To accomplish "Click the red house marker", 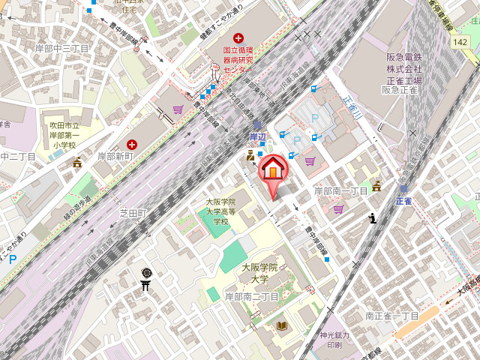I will click(x=273, y=168).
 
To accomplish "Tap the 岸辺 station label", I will click(x=258, y=136).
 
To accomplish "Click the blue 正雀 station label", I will click(x=403, y=201).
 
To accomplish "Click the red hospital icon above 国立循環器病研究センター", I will click(x=238, y=38).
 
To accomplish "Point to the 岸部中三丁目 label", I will click(x=62, y=49).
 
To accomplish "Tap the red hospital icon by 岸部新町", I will click(x=132, y=143).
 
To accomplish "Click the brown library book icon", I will click(x=282, y=325).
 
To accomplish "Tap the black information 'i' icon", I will click(x=373, y=218).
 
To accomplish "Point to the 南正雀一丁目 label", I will click(x=391, y=316).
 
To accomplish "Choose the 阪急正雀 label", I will click(x=399, y=90).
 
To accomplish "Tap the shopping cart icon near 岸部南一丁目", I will click(x=338, y=208).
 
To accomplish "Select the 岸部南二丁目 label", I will click(x=252, y=297).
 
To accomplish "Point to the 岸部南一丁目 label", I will click(x=340, y=191).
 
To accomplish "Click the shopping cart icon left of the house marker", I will click(x=177, y=109).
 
